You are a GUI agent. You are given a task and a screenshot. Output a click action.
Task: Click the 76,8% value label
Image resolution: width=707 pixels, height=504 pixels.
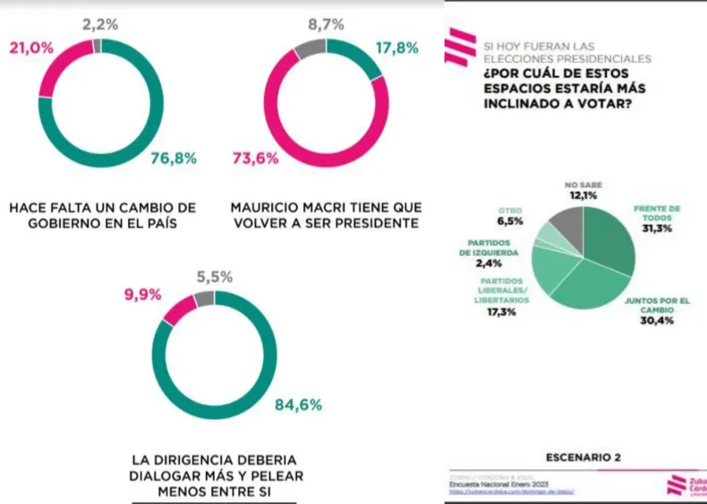[174, 158]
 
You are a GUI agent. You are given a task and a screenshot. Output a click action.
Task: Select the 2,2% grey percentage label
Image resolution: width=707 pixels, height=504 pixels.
[100, 24]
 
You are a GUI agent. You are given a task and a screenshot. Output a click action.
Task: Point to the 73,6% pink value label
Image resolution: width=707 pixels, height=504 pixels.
[255, 158]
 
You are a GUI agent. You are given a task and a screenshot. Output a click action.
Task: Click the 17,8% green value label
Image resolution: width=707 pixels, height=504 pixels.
[396, 48]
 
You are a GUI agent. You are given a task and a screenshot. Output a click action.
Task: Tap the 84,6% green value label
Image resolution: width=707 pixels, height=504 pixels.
[298, 405]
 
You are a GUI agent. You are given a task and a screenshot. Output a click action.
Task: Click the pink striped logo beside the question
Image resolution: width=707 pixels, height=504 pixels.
[460, 47]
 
